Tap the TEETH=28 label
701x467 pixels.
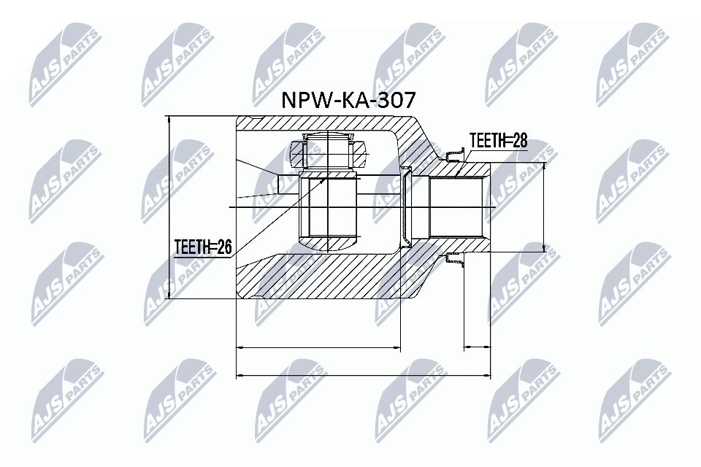[498, 140]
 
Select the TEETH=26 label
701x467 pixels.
[202, 248]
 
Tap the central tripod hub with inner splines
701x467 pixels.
[328, 209]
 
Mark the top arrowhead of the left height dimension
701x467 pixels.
[169, 120]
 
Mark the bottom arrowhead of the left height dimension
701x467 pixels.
[169, 295]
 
